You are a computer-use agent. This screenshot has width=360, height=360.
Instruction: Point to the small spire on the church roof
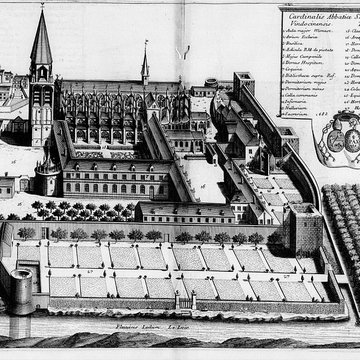point(144,50)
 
